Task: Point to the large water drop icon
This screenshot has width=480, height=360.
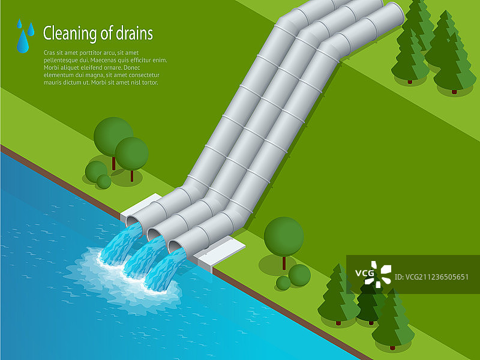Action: [x=23, y=42]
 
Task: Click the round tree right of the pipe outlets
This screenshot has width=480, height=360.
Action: [x=284, y=235]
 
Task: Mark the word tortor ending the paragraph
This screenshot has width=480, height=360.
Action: [x=148, y=83]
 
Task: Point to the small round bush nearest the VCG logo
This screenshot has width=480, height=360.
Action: [x=299, y=275]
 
